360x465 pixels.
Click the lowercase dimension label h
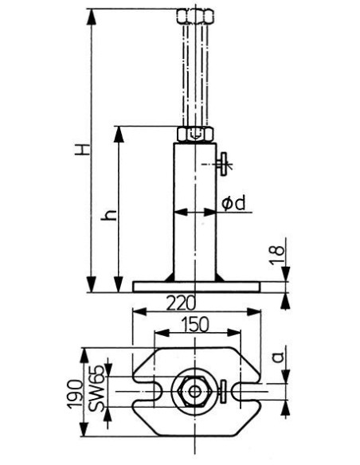[108, 214]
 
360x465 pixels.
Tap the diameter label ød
[234, 204]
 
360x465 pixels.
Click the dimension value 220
[181, 303]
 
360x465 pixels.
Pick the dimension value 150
[195, 324]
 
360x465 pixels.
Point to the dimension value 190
[74, 394]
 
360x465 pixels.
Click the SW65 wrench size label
[96, 389]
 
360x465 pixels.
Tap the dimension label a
[278, 357]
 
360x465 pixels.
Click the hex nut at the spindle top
[195, 16]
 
